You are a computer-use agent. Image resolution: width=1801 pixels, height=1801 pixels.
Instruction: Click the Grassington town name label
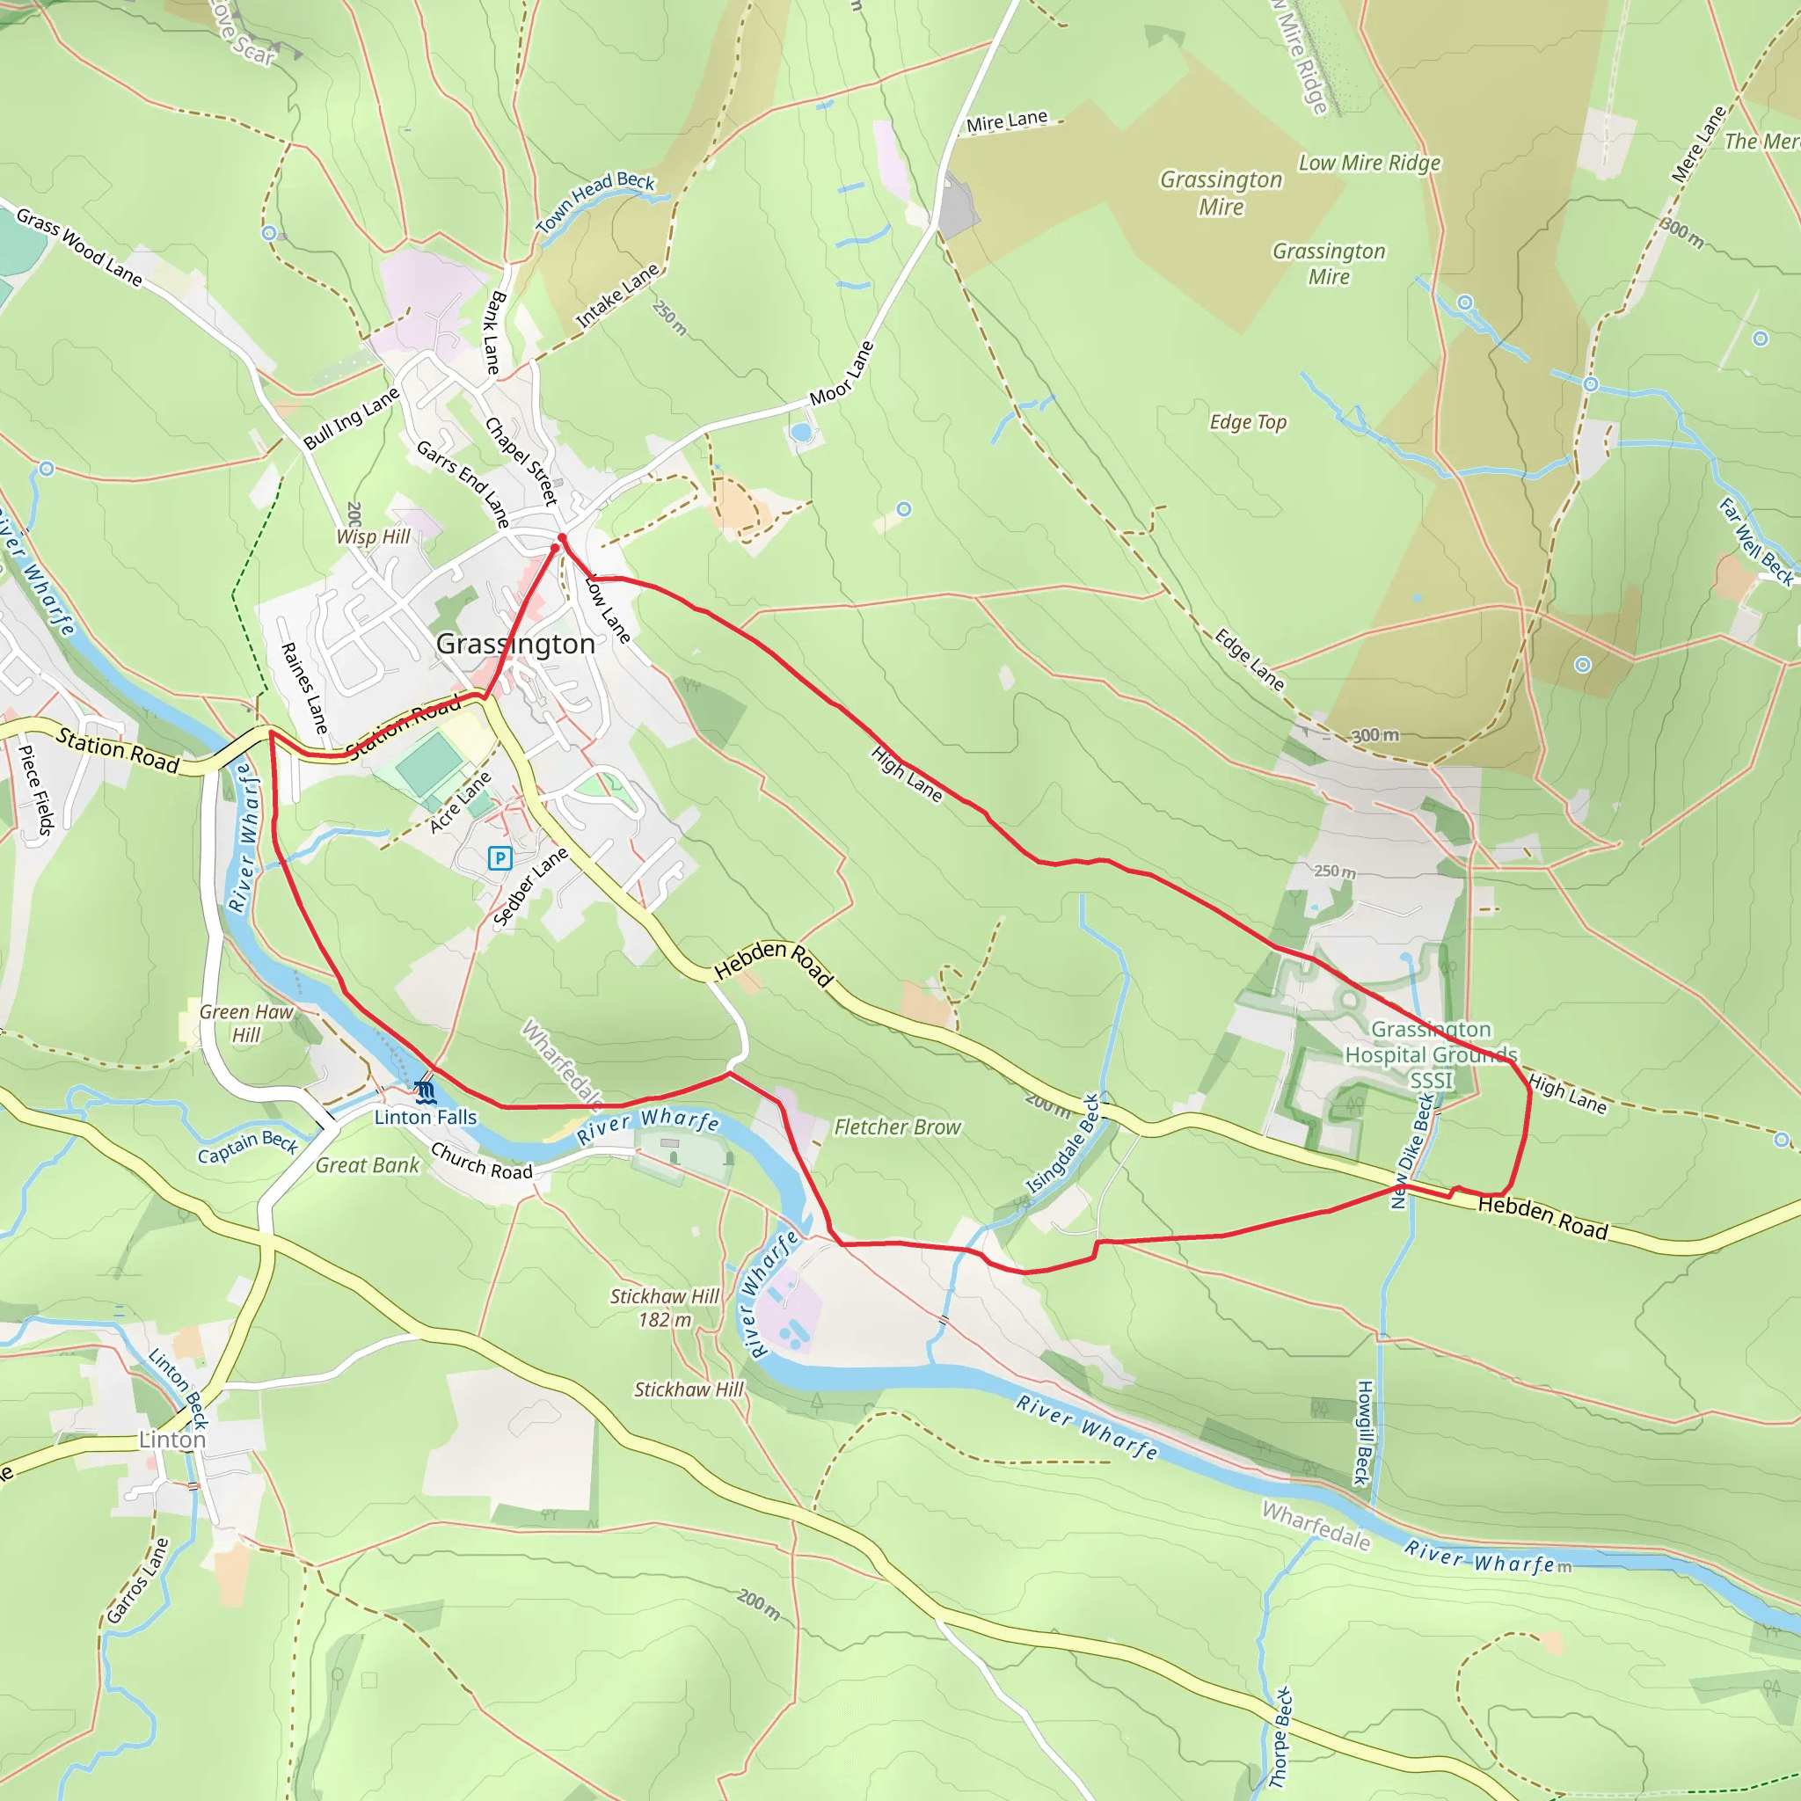(514, 644)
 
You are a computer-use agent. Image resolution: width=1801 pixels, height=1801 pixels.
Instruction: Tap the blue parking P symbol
(499, 857)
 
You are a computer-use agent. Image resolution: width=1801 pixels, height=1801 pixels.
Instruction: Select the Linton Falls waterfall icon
(425, 1090)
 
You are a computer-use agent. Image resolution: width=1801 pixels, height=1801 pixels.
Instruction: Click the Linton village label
(171, 1440)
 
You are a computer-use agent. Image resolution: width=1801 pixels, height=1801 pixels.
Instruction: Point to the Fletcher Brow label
(897, 1127)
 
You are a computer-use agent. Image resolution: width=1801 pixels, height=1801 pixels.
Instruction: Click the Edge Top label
(1247, 422)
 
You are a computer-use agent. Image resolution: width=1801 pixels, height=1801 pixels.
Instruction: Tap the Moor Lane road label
(842, 373)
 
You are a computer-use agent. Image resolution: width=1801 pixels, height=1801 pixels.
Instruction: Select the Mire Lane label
(1007, 121)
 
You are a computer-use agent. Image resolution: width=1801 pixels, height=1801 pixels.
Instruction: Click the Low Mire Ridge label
(1369, 164)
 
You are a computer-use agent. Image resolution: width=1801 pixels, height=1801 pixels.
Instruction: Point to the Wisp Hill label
(373, 536)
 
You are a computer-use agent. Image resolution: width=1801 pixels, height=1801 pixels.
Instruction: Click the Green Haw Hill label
(246, 1023)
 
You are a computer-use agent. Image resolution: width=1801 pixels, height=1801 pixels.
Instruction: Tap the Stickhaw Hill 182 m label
(665, 1307)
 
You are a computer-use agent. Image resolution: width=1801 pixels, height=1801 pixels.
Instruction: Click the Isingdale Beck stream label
(1062, 1144)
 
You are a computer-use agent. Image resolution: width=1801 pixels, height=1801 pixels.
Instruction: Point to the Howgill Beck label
(1363, 1433)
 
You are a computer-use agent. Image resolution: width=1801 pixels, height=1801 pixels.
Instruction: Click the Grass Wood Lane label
(79, 247)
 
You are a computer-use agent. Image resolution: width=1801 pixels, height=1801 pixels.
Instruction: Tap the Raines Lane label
(304, 688)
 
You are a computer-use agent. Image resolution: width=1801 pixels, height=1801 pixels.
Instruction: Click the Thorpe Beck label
(1283, 1737)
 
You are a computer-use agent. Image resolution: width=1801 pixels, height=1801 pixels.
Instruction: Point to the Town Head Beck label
(594, 202)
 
